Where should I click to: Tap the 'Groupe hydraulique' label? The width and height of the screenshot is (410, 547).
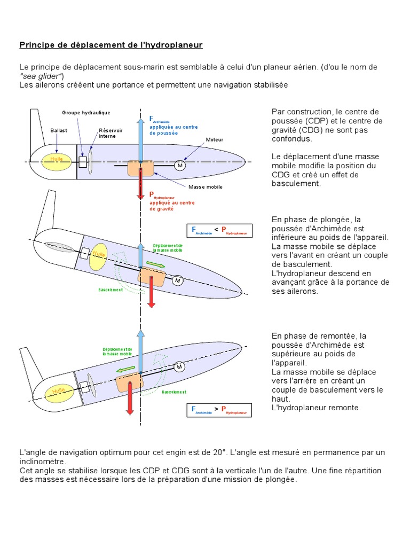coord(86,113)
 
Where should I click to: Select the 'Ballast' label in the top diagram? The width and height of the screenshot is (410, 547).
coord(59,130)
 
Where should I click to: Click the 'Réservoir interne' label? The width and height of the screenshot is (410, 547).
coord(110,133)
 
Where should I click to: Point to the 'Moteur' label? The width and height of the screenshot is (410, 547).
coord(214,139)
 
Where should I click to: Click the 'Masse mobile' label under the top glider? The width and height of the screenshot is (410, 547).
coord(205,187)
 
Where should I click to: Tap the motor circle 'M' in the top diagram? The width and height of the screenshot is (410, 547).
coord(180,166)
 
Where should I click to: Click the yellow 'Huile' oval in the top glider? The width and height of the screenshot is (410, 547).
coord(56,159)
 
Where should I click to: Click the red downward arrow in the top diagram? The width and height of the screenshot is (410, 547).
coord(140,184)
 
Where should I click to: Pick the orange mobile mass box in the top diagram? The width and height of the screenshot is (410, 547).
coord(140,168)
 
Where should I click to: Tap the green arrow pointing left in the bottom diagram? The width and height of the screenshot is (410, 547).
coord(125,369)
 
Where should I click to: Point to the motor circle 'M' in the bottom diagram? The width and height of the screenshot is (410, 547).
coord(179,367)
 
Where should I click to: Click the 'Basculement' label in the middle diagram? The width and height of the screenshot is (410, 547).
coord(111,290)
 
